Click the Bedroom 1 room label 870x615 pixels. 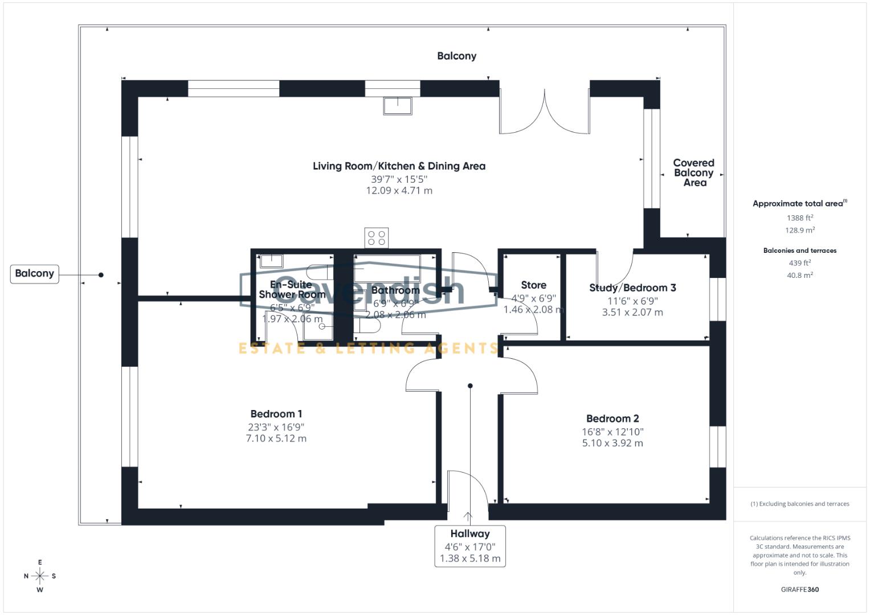coord(276,414)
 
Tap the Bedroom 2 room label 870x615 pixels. coord(612,419)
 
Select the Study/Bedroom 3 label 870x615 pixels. coord(632,288)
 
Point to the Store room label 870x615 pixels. coord(533,285)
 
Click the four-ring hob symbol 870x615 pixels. coord(377,237)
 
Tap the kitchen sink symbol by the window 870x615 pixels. coord(397,106)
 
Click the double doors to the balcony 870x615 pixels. coord(545,111)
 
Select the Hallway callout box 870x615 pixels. coord(470,546)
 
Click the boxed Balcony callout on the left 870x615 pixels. coord(35,273)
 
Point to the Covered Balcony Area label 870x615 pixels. coord(693,173)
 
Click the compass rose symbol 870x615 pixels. coord(40,576)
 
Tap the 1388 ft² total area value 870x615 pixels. coord(800,218)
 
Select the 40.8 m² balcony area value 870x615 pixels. coord(800,275)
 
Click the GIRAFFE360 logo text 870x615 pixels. coord(800,589)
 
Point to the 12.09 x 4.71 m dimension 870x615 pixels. coord(399,191)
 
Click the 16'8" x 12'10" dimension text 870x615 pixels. coord(612,432)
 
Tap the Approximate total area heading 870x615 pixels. coord(799,203)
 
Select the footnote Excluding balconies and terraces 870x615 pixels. coord(800,504)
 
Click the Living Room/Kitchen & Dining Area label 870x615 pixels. coord(399,166)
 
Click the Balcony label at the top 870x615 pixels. coord(456,56)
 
